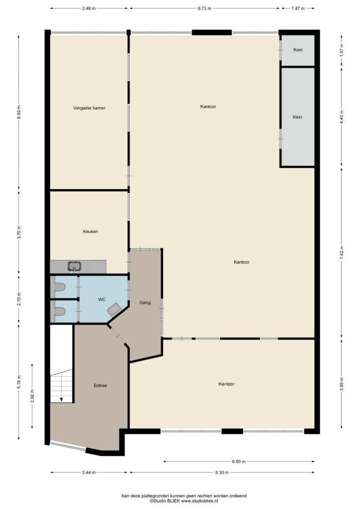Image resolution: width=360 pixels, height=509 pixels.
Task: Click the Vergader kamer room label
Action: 90,108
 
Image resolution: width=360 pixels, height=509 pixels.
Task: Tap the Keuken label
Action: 90,232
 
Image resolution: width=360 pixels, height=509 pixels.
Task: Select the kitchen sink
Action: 75,266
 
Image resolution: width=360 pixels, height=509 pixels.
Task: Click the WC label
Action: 102,300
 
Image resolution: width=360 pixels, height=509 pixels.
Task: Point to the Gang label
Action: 145,303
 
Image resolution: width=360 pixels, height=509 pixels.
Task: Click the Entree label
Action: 100,386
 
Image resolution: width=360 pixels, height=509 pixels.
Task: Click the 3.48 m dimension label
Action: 89,8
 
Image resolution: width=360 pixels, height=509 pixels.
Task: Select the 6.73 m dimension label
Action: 204,8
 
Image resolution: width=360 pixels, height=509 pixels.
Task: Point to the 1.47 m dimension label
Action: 298,8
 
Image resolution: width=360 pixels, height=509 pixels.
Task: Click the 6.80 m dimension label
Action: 239,462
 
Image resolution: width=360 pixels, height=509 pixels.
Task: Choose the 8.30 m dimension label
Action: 222,473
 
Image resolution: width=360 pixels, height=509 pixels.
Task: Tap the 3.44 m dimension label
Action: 89,473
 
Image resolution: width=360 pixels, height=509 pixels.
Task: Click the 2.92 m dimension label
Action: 32,396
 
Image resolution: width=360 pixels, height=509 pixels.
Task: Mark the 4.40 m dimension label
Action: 341,117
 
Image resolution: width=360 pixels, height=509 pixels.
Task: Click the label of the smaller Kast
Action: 298,50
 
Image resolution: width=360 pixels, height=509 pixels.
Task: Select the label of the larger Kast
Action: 297,117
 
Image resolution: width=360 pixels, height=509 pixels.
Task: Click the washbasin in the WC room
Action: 114,310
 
